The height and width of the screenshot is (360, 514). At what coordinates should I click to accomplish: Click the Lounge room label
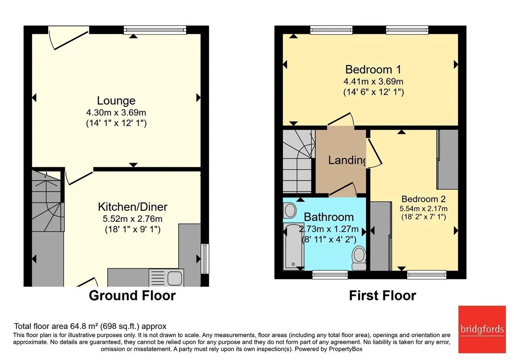[x=116, y=100]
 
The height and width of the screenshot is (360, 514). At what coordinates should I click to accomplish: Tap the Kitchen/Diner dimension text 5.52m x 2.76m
[x=133, y=219]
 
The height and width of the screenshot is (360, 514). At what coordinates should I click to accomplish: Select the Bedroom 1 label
[x=373, y=70]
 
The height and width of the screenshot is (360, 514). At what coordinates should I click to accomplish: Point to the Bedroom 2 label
[x=424, y=199]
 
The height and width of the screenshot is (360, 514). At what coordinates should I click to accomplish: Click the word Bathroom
[x=329, y=217]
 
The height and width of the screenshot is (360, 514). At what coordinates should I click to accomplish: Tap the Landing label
[x=347, y=160]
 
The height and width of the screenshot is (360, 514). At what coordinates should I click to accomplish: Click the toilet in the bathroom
[x=359, y=258]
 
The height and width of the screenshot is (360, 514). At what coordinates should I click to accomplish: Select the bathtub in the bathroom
[x=294, y=246]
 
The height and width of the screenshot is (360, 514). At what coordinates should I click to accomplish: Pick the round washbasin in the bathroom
[x=290, y=210]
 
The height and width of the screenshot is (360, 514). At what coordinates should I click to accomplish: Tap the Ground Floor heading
[x=133, y=295]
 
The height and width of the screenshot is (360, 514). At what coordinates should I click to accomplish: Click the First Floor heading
[x=383, y=295]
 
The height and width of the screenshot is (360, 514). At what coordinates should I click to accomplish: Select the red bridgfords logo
[x=482, y=329]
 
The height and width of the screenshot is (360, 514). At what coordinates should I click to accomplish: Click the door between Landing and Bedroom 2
[x=374, y=152]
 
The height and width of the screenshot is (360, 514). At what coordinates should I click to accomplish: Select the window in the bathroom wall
[x=330, y=274]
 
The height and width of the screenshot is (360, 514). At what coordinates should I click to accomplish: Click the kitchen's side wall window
[x=205, y=259]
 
